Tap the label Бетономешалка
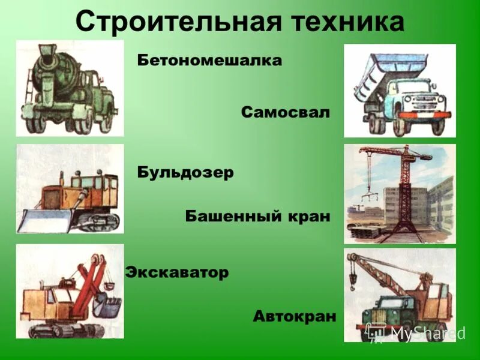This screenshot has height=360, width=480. pyautogui.click(x=209, y=61)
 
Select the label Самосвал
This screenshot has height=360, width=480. pyautogui.click(x=286, y=112)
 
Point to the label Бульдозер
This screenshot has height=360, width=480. pyautogui.click(x=185, y=172)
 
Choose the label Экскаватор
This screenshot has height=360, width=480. pyautogui.click(x=177, y=272)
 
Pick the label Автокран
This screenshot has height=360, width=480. pyautogui.click(x=294, y=316)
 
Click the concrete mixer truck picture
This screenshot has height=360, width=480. pyautogui.click(x=69, y=88)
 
